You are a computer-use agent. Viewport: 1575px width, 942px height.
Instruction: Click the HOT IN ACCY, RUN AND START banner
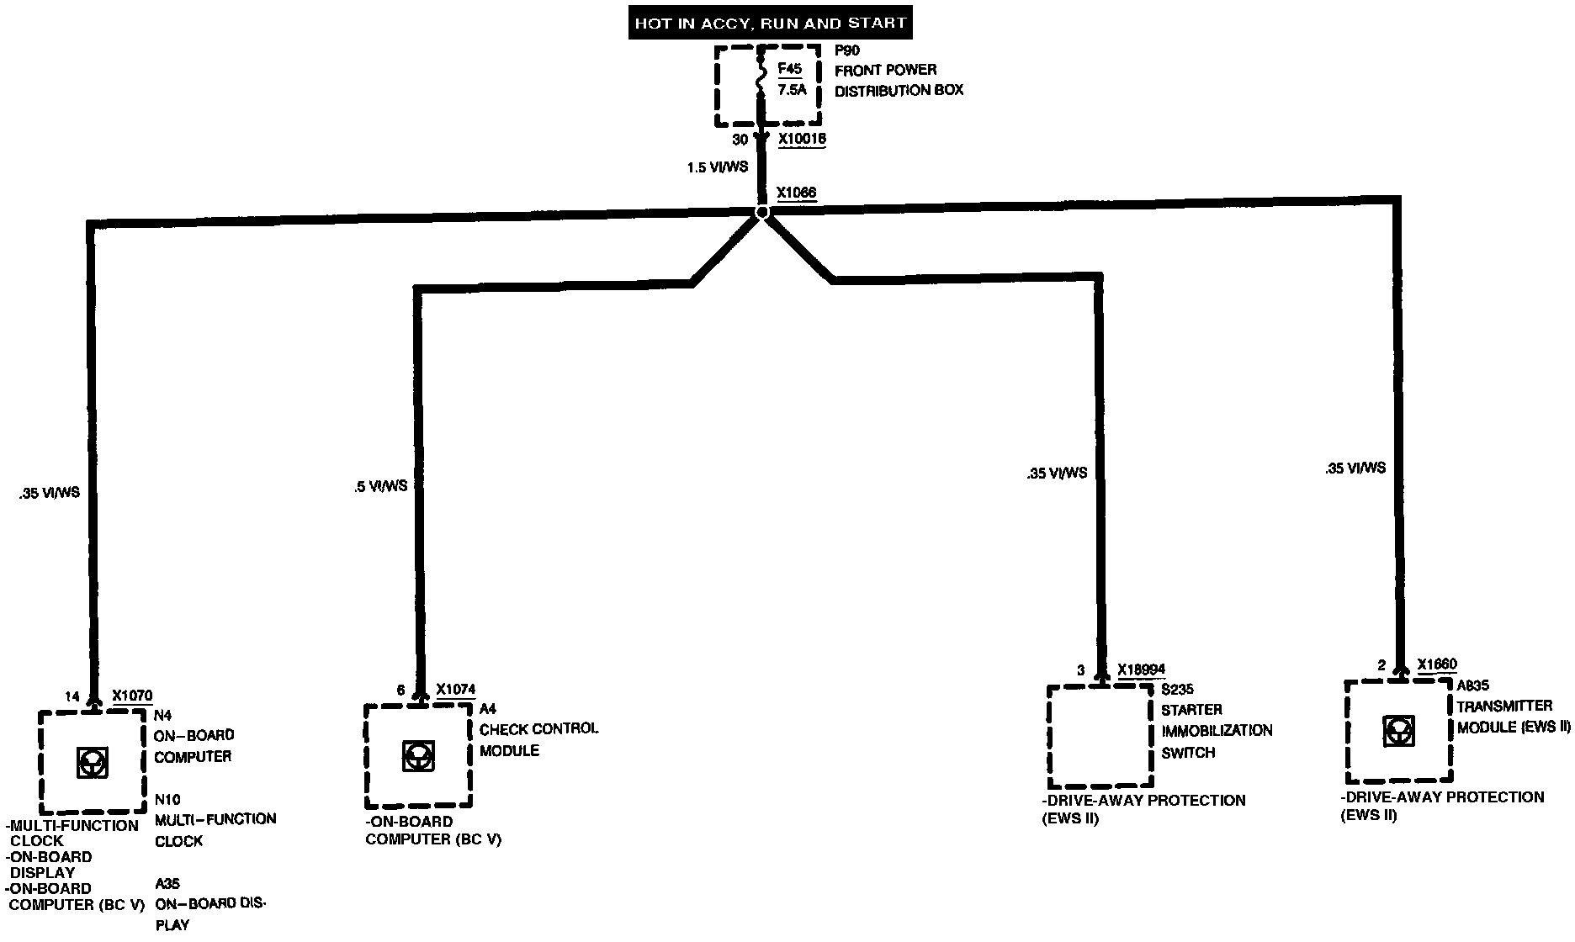pyautogui.click(x=770, y=23)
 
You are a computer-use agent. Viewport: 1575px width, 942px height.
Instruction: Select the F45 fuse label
pyautogui.click(x=790, y=70)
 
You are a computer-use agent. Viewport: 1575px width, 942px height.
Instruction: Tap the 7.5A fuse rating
pyautogui.click(x=791, y=90)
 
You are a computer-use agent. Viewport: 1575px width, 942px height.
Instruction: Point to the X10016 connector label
pyautogui.click(x=802, y=140)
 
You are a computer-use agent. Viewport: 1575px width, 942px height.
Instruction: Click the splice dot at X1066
pyautogui.click(x=762, y=213)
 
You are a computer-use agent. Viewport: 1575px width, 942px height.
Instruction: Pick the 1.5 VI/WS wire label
pyautogui.click(x=717, y=167)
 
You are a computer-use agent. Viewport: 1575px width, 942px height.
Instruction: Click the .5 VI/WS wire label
pyautogui.click(x=381, y=485)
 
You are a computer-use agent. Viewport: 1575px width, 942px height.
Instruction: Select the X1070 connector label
pyautogui.click(x=132, y=696)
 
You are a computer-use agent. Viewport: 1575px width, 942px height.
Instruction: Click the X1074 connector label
pyautogui.click(x=455, y=691)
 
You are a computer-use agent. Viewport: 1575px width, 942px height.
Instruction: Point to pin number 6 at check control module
pyautogui.click(x=400, y=691)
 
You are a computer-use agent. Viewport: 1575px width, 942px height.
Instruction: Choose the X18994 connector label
pyautogui.click(x=1141, y=670)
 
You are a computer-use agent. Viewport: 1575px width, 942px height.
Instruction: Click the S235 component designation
pyautogui.click(x=1177, y=690)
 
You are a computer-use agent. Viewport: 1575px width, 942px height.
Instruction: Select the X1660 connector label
pyautogui.click(x=1437, y=665)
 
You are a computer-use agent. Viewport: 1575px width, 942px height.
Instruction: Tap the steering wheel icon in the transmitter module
pyautogui.click(x=1397, y=731)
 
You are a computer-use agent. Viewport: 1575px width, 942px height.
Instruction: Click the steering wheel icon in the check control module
pyautogui.click(x=416, y=754)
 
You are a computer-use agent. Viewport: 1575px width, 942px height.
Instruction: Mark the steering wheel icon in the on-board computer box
pyautogui.click(x=91, y=762)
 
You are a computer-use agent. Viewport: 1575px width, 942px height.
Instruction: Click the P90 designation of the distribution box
pyautogui.click(x=847, y=50)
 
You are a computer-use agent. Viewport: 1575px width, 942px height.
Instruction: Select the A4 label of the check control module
pyautogui.click(x=487, y=710)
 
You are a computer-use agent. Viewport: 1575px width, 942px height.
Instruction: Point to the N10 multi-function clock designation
pyautogui.click(x=167, y=799)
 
